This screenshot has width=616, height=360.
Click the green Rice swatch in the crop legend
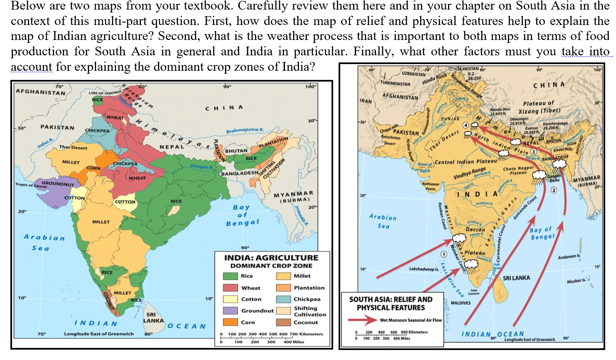(x=230, y=276)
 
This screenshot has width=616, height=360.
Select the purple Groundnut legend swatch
(x=230, y=310)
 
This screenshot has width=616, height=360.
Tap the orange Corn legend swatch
(x=230, y=322)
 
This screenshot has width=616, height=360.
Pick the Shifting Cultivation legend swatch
(x=283, y=311)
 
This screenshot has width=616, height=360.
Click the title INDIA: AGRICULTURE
(x=271, y=258)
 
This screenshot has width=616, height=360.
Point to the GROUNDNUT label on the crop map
(x=58, y=184)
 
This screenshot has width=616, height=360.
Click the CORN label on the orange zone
(x=94, y=168)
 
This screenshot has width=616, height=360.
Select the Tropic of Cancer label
(x=31, y=185)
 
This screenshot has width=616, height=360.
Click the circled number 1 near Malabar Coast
(x=444, y=254)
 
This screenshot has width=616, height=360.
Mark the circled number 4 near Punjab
(x=465, y=125)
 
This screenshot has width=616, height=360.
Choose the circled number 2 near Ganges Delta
(x=554, y=190)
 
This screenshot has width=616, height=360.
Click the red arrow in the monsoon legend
(x=362, y=320)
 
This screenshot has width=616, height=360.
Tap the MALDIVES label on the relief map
(x=460, y=303)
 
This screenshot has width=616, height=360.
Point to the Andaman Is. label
(x=569, y=257)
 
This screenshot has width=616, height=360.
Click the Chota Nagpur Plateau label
(x=518, y=171)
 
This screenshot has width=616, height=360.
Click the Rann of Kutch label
(x=425, y=167)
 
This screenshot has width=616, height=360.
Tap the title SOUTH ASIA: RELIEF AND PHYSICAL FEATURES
(x=391, y=303)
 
